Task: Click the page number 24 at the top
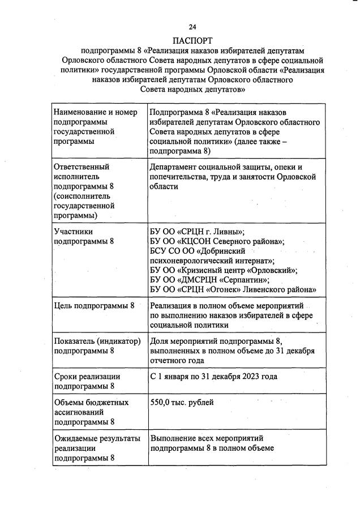click(x=192, y=27)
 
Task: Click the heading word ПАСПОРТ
click(x=192, y=40)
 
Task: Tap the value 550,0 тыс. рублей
click(x=182, y=402)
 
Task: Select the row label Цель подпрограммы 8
click(x=94, y=306)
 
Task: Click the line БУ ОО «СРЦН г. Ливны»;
click(x=197, y=232)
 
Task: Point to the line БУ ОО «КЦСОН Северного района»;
click(x=217, y=241)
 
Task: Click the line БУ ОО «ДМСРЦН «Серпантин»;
click(x=209, y=280)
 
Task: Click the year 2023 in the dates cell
click(x=252, y=376)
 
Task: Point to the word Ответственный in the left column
click(x=82, y=167)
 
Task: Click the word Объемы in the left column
click(x=69, y=402)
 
